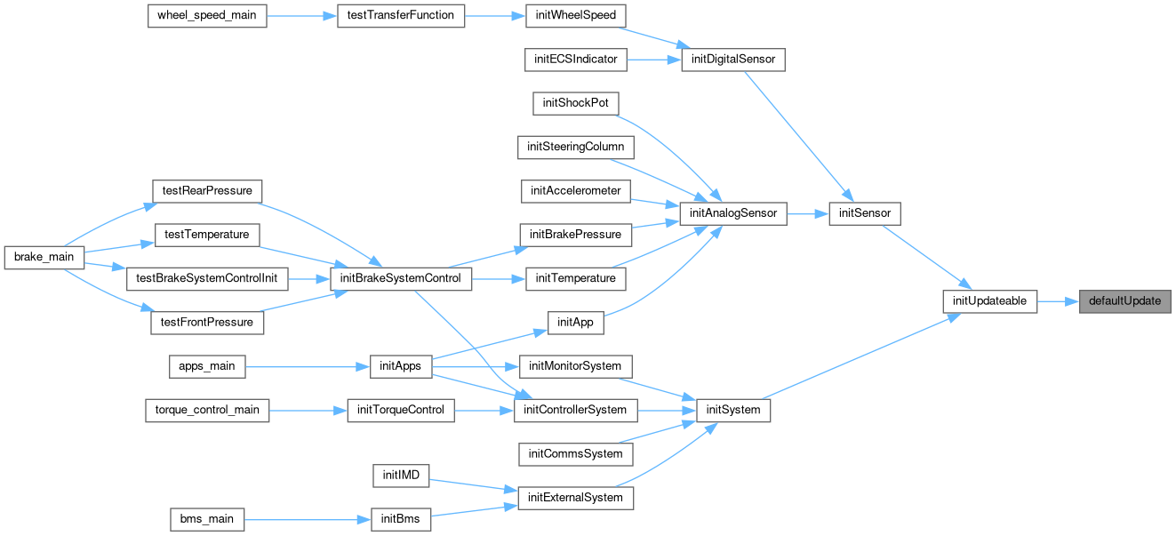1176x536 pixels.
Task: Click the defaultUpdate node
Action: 1124,301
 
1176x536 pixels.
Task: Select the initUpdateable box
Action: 989,301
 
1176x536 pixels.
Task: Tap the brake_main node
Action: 44,257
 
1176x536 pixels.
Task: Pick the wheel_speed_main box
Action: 207,16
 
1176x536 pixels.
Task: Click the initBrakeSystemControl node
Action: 401,279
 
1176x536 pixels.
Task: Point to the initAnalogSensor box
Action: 733,213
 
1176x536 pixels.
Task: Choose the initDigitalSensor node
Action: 733,60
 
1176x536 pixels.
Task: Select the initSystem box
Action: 733,411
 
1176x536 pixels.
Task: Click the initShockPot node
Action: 575,103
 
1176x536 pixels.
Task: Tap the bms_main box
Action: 207,519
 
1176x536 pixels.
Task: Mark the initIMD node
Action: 401,476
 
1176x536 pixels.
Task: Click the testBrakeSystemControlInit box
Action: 207,279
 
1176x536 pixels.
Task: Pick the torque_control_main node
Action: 207,411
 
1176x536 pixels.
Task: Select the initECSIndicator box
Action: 575,60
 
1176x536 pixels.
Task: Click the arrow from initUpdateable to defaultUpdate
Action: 1058,302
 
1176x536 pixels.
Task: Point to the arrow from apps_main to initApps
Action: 308,367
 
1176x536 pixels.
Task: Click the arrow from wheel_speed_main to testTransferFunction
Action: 301,16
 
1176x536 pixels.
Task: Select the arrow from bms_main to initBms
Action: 308,520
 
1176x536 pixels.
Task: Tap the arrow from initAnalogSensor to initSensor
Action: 808,213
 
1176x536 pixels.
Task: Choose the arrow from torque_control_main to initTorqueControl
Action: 308,411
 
